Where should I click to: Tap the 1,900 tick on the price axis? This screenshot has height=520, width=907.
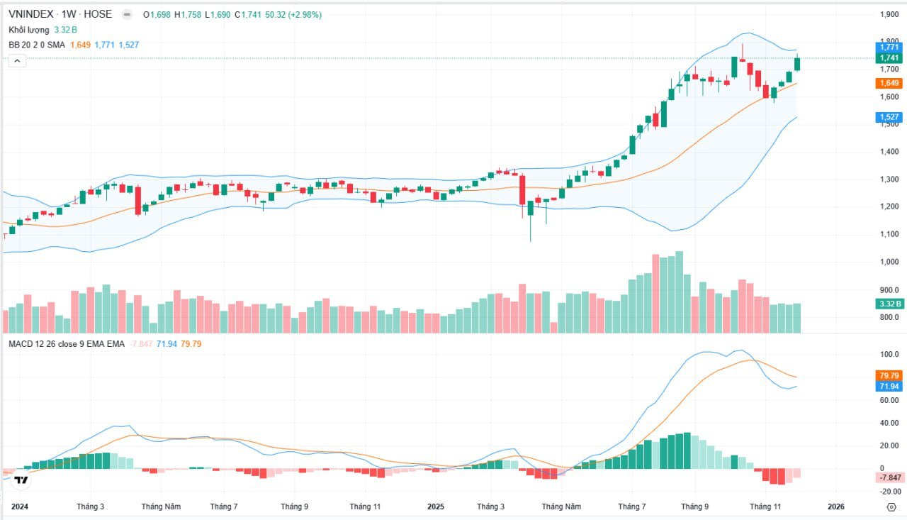[x=889, y=14]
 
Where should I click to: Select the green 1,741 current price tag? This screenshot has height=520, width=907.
[x=889, y=58]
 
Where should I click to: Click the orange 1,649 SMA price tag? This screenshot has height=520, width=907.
[x=889, y=83]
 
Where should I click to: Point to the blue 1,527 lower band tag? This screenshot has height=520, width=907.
[x=889, y=117]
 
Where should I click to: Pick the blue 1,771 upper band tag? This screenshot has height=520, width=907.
[x=889, y=47]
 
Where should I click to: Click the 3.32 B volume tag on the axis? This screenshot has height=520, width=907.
[x=889, y=304]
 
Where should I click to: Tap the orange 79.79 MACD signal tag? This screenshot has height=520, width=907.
[x=889, y=375]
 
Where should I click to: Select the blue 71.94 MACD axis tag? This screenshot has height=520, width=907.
[x=889, y=386]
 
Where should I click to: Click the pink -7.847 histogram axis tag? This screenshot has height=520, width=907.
[x=889, y=477]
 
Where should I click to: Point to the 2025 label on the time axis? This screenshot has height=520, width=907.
[x=435, y=507]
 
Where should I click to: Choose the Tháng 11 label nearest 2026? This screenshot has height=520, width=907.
[x=765, y=507]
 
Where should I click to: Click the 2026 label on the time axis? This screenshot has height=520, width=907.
[x=836, y=507]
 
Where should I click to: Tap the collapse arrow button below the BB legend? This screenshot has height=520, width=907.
[x=17, y=61]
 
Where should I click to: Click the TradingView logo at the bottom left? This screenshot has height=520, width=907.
[x=22, y=480]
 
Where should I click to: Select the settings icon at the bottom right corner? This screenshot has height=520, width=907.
[x=891, y=507]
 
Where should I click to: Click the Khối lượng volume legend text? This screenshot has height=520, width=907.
[x=29, y=30]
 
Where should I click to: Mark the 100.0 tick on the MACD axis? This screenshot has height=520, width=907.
[x=889, y=353]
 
